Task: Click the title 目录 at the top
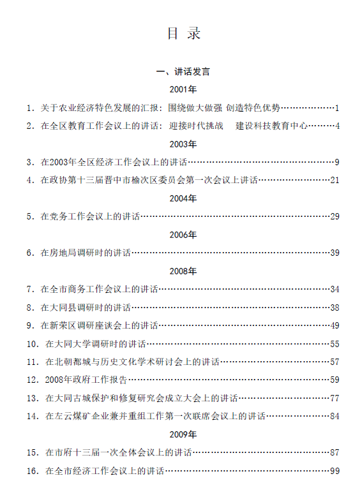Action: (184, 34)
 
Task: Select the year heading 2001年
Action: (183, 89)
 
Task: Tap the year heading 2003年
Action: (183, 144)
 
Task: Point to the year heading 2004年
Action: (183, 198)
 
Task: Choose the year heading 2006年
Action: (183, 235)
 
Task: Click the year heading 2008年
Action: (183, 271)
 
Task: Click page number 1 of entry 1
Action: (337, 108)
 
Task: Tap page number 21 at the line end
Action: (334, 180)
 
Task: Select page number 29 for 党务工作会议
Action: (334, 216)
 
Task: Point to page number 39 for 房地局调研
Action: (334, 253)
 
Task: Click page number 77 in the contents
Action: (334, 398)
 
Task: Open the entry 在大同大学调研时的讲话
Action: (96, 344)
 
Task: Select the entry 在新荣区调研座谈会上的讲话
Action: (99, 325)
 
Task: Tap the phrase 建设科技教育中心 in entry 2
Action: (271, 126)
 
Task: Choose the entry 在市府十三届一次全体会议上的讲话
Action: (118, 452)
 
